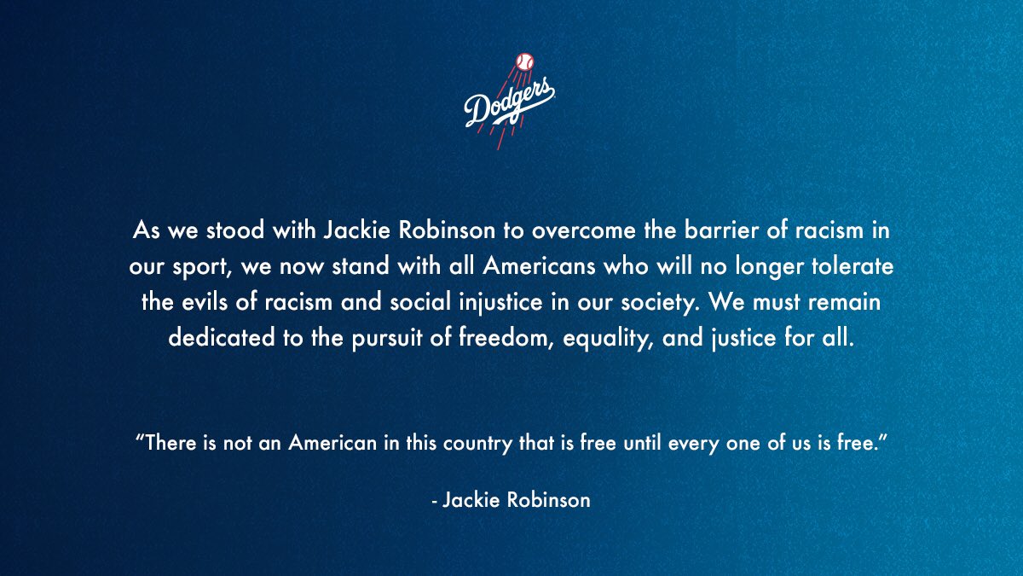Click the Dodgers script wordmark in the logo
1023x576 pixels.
[x=509, y=104]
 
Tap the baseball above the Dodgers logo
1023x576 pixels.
[x=523, y=62]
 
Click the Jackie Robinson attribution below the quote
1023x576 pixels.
[x=511, y=499]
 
